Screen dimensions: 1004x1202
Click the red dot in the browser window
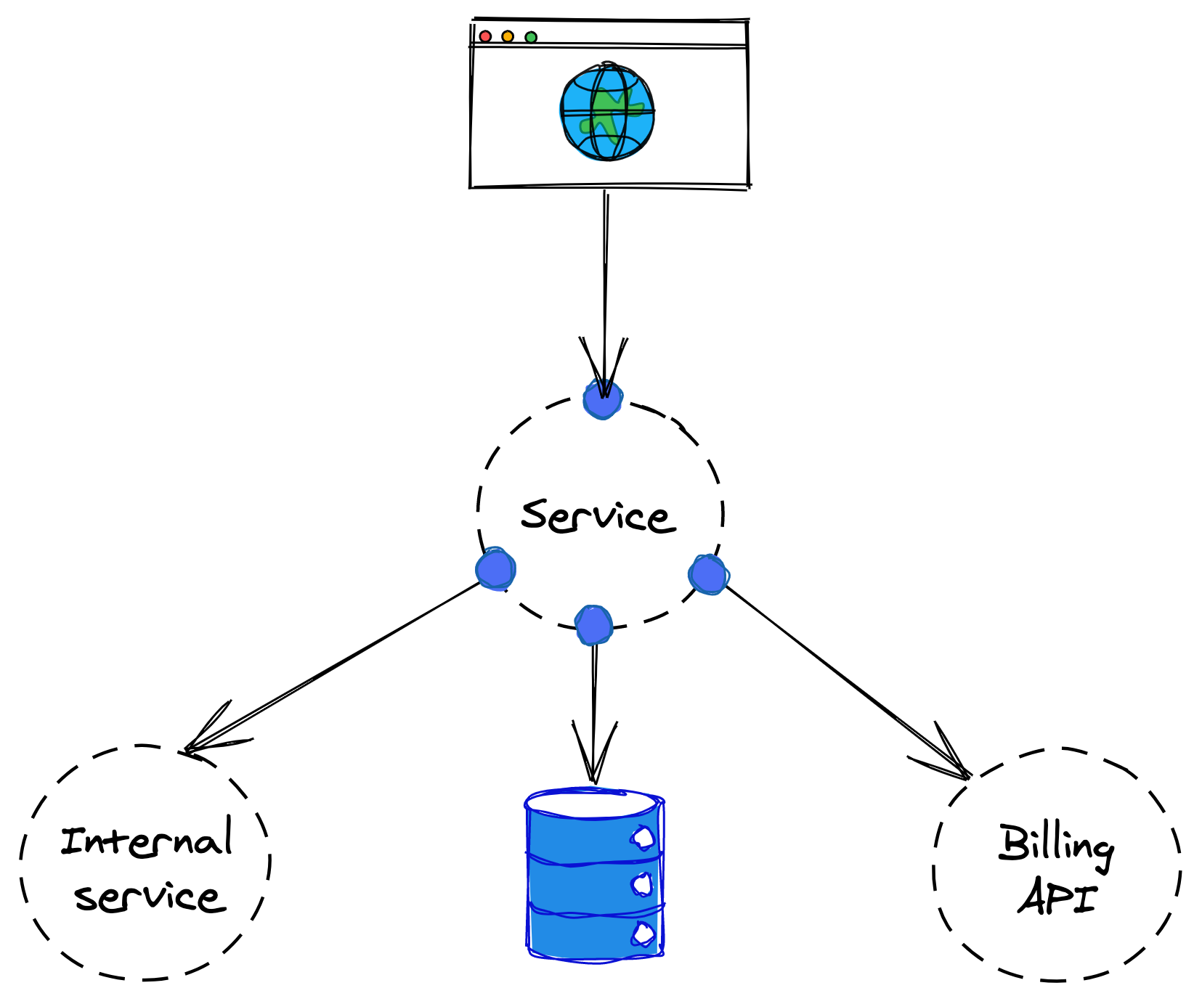(485, 36)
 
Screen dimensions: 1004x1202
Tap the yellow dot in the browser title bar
(508, 36)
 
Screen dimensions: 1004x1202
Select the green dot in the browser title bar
(531, 37)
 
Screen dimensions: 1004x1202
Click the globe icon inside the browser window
(607, 112)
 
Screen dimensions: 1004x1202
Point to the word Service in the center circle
(598, 516)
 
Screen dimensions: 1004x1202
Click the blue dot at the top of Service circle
(603, 399)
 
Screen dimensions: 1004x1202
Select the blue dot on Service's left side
(495, 569)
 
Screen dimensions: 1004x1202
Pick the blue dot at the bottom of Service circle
(593, 625)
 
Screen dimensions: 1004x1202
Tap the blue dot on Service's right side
(708, 575)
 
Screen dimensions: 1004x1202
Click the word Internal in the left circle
(147, 840)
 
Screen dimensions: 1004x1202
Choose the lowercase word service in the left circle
(150, 898)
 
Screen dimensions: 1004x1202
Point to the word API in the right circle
(1057, 898)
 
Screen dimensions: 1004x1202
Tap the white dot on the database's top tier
(643, 838)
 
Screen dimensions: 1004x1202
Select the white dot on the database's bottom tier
(643, 934)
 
